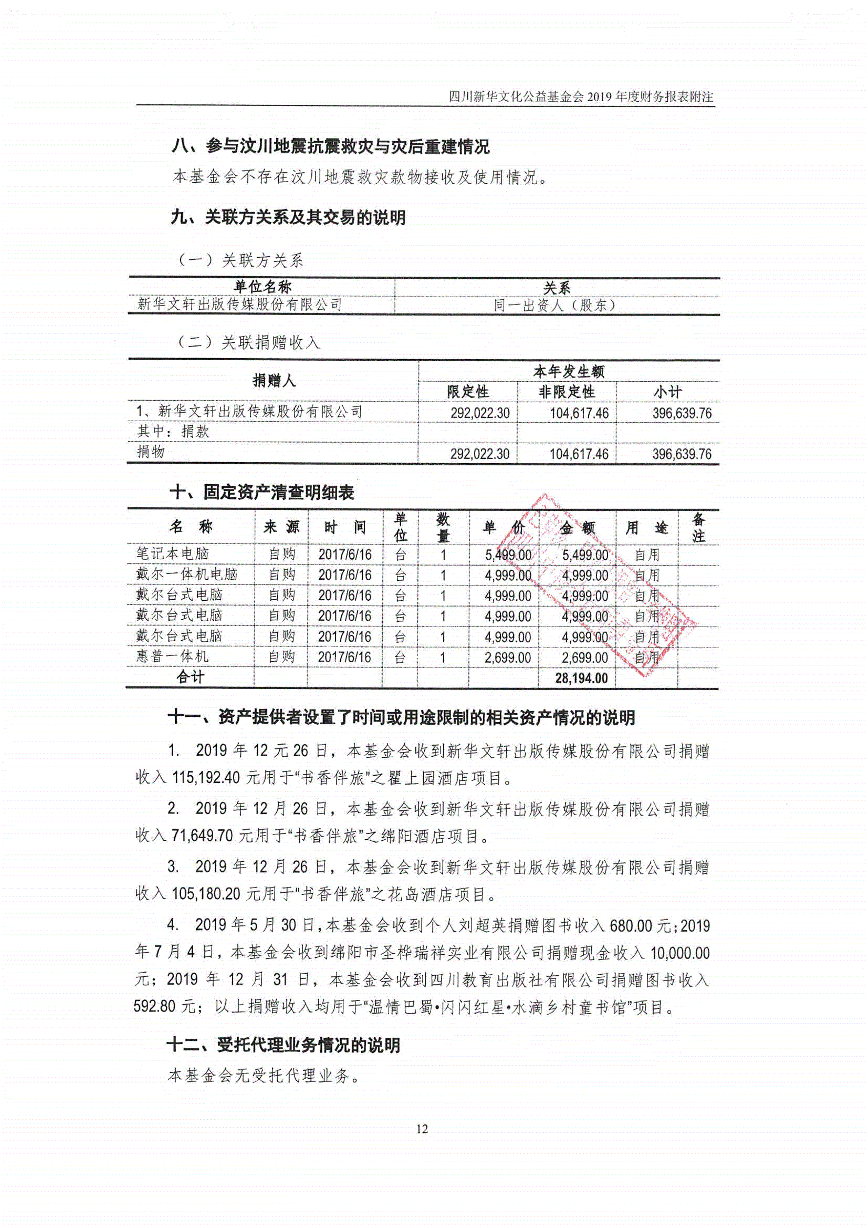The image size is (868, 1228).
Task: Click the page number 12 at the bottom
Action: tap(422, 1128)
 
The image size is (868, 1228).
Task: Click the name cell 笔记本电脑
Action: tap(172, 554)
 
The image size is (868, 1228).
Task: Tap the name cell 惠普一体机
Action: tap(172, 657)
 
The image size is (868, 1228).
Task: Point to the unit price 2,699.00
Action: tap(507, 658)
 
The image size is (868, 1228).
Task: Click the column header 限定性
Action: tap(468, 391)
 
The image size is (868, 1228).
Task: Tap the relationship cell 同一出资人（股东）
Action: tap(556, 305)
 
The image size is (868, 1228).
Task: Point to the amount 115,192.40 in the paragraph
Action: tap(206, 778)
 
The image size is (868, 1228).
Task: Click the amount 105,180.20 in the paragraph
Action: tap(206, 893)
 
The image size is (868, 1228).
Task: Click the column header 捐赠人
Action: tap(274, 381)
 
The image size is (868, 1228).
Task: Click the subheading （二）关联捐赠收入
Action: tap(249, 342)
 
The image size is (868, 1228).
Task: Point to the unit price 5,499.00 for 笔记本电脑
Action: tap(508, 555)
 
